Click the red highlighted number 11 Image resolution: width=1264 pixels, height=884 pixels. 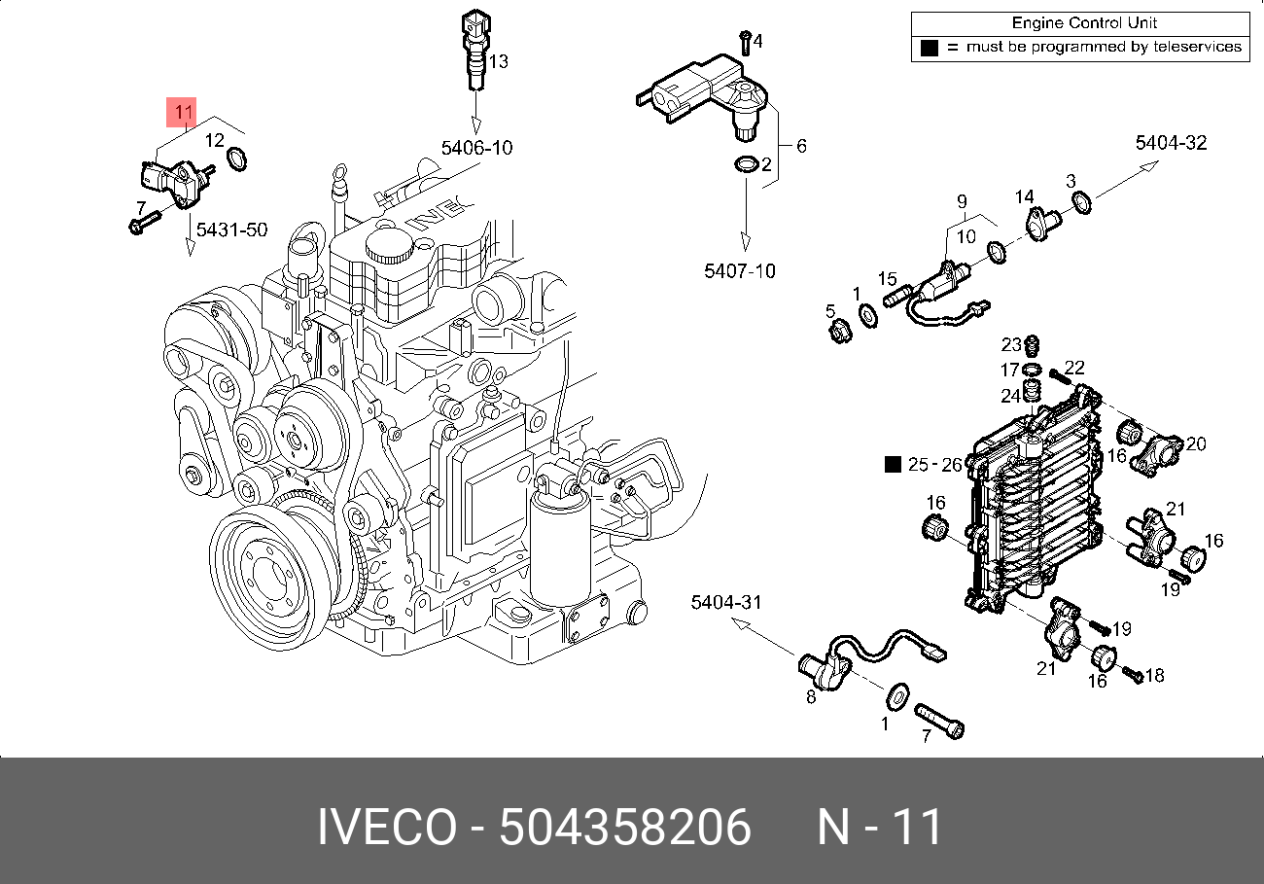pos(184,112)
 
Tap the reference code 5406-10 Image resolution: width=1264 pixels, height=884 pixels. pos(476,149)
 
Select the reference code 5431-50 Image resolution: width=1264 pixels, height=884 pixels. pos(231,230)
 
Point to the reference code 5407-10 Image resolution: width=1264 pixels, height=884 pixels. pos(740,271)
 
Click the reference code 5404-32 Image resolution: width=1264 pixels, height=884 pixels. pos(1171,143)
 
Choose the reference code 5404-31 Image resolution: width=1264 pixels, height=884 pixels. pos(725,603)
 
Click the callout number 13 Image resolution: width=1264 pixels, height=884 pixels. pos(498,62)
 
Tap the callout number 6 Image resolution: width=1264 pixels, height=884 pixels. pos(801,147)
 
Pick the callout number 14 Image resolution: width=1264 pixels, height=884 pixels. pos(1025,197)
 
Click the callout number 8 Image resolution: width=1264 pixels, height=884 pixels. pos(811,696)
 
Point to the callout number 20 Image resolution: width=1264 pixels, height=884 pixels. pos(1195,444)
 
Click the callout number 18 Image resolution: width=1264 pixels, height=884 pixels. pos(1155,675)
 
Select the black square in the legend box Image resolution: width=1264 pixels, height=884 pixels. pos(929,47)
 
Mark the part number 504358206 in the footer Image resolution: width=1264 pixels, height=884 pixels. pos(625,828)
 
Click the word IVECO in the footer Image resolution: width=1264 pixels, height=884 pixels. pos(386,828)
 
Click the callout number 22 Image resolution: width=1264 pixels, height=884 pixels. pos(1073,368)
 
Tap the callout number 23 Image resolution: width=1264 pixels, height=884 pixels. pos(1011,344)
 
